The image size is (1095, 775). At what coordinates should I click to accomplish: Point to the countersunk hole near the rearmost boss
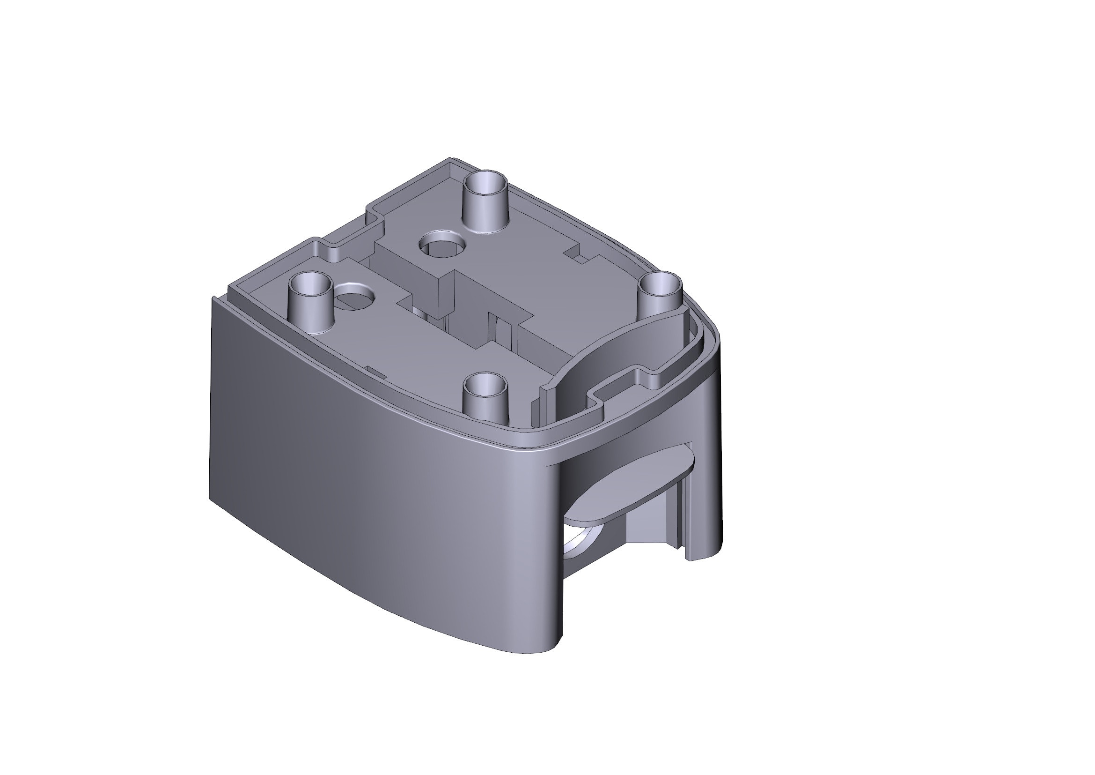(441, 245)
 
